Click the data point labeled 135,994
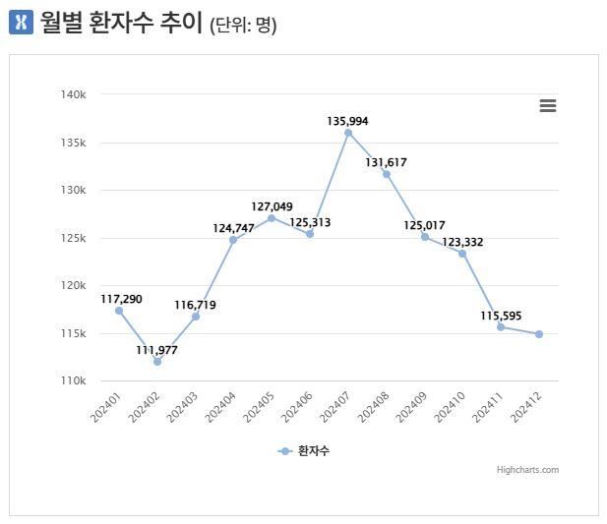[348, 133]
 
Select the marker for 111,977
[157, 362]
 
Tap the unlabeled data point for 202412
[539, 334]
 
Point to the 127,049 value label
[273, 206]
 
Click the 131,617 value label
[386, 162]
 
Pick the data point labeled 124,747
[233, 240]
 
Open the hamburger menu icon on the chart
[548, 106]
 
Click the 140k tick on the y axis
[74, 94]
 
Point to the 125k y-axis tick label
[74, 238]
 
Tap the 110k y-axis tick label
[74, 380]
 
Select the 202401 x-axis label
[105, 407]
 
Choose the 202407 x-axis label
[334, 407]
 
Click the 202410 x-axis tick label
[449, 407]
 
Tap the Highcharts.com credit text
[527, 470]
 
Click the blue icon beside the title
[21, 22]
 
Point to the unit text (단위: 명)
[243, 25]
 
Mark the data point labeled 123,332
[462, 254]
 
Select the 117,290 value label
[121, 298]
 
